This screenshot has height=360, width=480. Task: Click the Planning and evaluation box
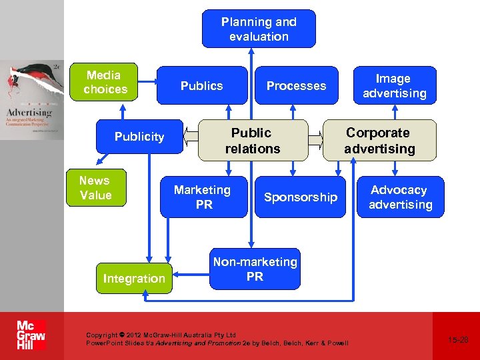[259, 29]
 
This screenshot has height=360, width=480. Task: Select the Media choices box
[104, 82]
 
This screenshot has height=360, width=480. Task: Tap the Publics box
[201, 85]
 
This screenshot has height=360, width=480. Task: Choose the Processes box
[296, 85]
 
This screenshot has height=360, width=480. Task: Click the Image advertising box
[395, 85]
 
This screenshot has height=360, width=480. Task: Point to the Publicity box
[139, 137]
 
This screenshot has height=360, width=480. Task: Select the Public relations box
[253, 141]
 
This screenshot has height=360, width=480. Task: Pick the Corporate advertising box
[379, 141]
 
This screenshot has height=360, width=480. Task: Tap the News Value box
[95, 188]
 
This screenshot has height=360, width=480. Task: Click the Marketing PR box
[203, 197]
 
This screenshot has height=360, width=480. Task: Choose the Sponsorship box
[300, 197]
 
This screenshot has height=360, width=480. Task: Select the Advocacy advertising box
[400, 197]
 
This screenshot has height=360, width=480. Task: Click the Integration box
[134, 278]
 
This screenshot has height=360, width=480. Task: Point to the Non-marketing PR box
[255, 269]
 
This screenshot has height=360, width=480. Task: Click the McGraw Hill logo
[31, 335]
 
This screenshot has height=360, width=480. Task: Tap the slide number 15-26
[458, 340]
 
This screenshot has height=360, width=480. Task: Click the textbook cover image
[32, 100]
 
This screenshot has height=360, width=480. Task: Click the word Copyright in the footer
[101, 335]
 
